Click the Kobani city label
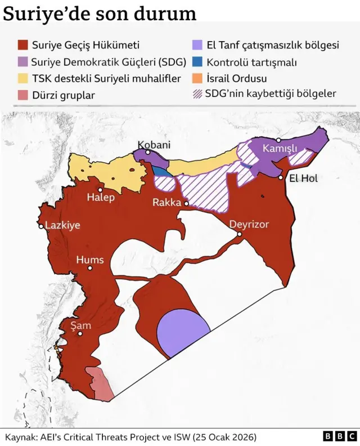click(x=154, y=145)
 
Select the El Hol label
click(x=303, y=179)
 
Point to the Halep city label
click(x=101, y=198)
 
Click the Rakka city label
click(x=167, y=203)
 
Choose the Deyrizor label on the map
click(x=249, y=224)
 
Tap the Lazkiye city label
click(x=62, y=225)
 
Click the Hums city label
click(x=90, y=260)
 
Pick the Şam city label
click(x=80, y=325)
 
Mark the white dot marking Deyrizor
click(x=240, y=234)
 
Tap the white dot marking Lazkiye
click(x=41, y=226)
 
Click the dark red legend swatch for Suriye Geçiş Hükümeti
click(x=22, y=45)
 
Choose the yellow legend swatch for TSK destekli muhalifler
click(x=22, y=78)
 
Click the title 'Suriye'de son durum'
click(x=100, y=14)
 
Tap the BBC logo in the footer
click(x=339, y=436)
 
